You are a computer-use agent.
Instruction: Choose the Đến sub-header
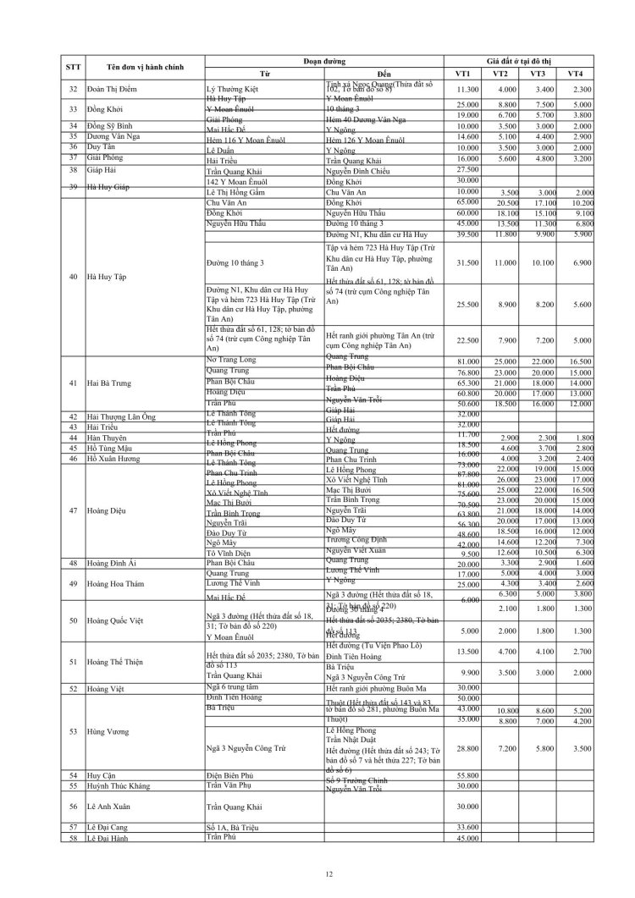click(384, 74)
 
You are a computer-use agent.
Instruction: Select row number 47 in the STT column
click(73, 510)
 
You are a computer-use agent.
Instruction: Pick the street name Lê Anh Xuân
click(109, 806)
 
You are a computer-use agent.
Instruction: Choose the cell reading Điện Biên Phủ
click(231, 774)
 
